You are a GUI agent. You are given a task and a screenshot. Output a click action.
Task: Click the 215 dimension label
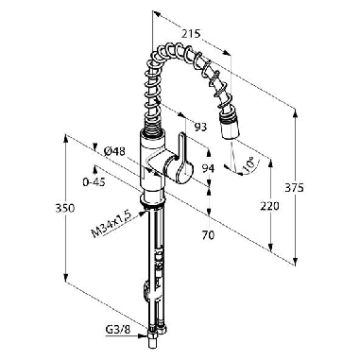(191, 33)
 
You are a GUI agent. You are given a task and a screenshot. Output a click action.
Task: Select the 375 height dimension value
(294, 188)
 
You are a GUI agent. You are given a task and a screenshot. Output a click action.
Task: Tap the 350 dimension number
(65, 208)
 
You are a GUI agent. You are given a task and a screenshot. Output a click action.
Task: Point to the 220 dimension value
(269, 207)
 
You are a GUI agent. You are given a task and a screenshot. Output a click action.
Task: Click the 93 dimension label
(200, 127)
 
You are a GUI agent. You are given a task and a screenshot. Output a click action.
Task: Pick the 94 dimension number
(208, 168)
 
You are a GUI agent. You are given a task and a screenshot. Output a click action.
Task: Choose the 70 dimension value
(208, 235)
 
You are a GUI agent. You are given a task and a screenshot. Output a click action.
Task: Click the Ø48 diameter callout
(114, 152)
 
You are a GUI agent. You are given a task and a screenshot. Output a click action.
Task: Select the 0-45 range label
(94, 182)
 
